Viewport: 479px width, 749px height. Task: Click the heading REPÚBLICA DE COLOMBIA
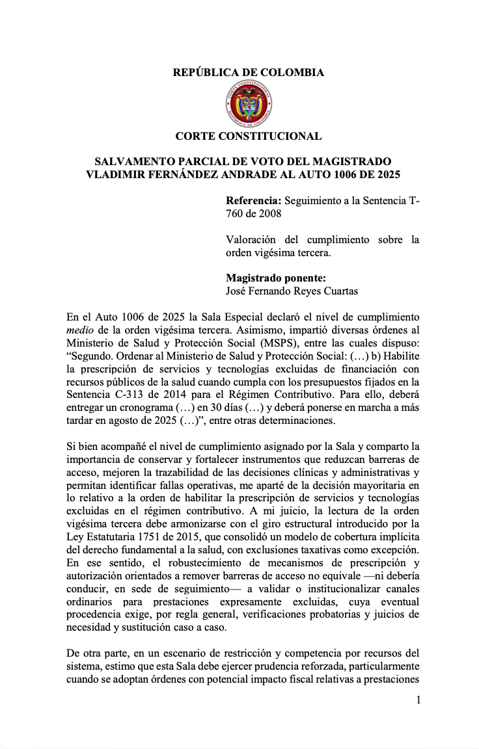248,73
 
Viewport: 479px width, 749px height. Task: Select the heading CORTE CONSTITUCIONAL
248,137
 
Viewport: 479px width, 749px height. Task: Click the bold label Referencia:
254,202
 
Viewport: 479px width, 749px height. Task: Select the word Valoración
251,240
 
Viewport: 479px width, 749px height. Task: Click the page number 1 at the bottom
418,700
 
